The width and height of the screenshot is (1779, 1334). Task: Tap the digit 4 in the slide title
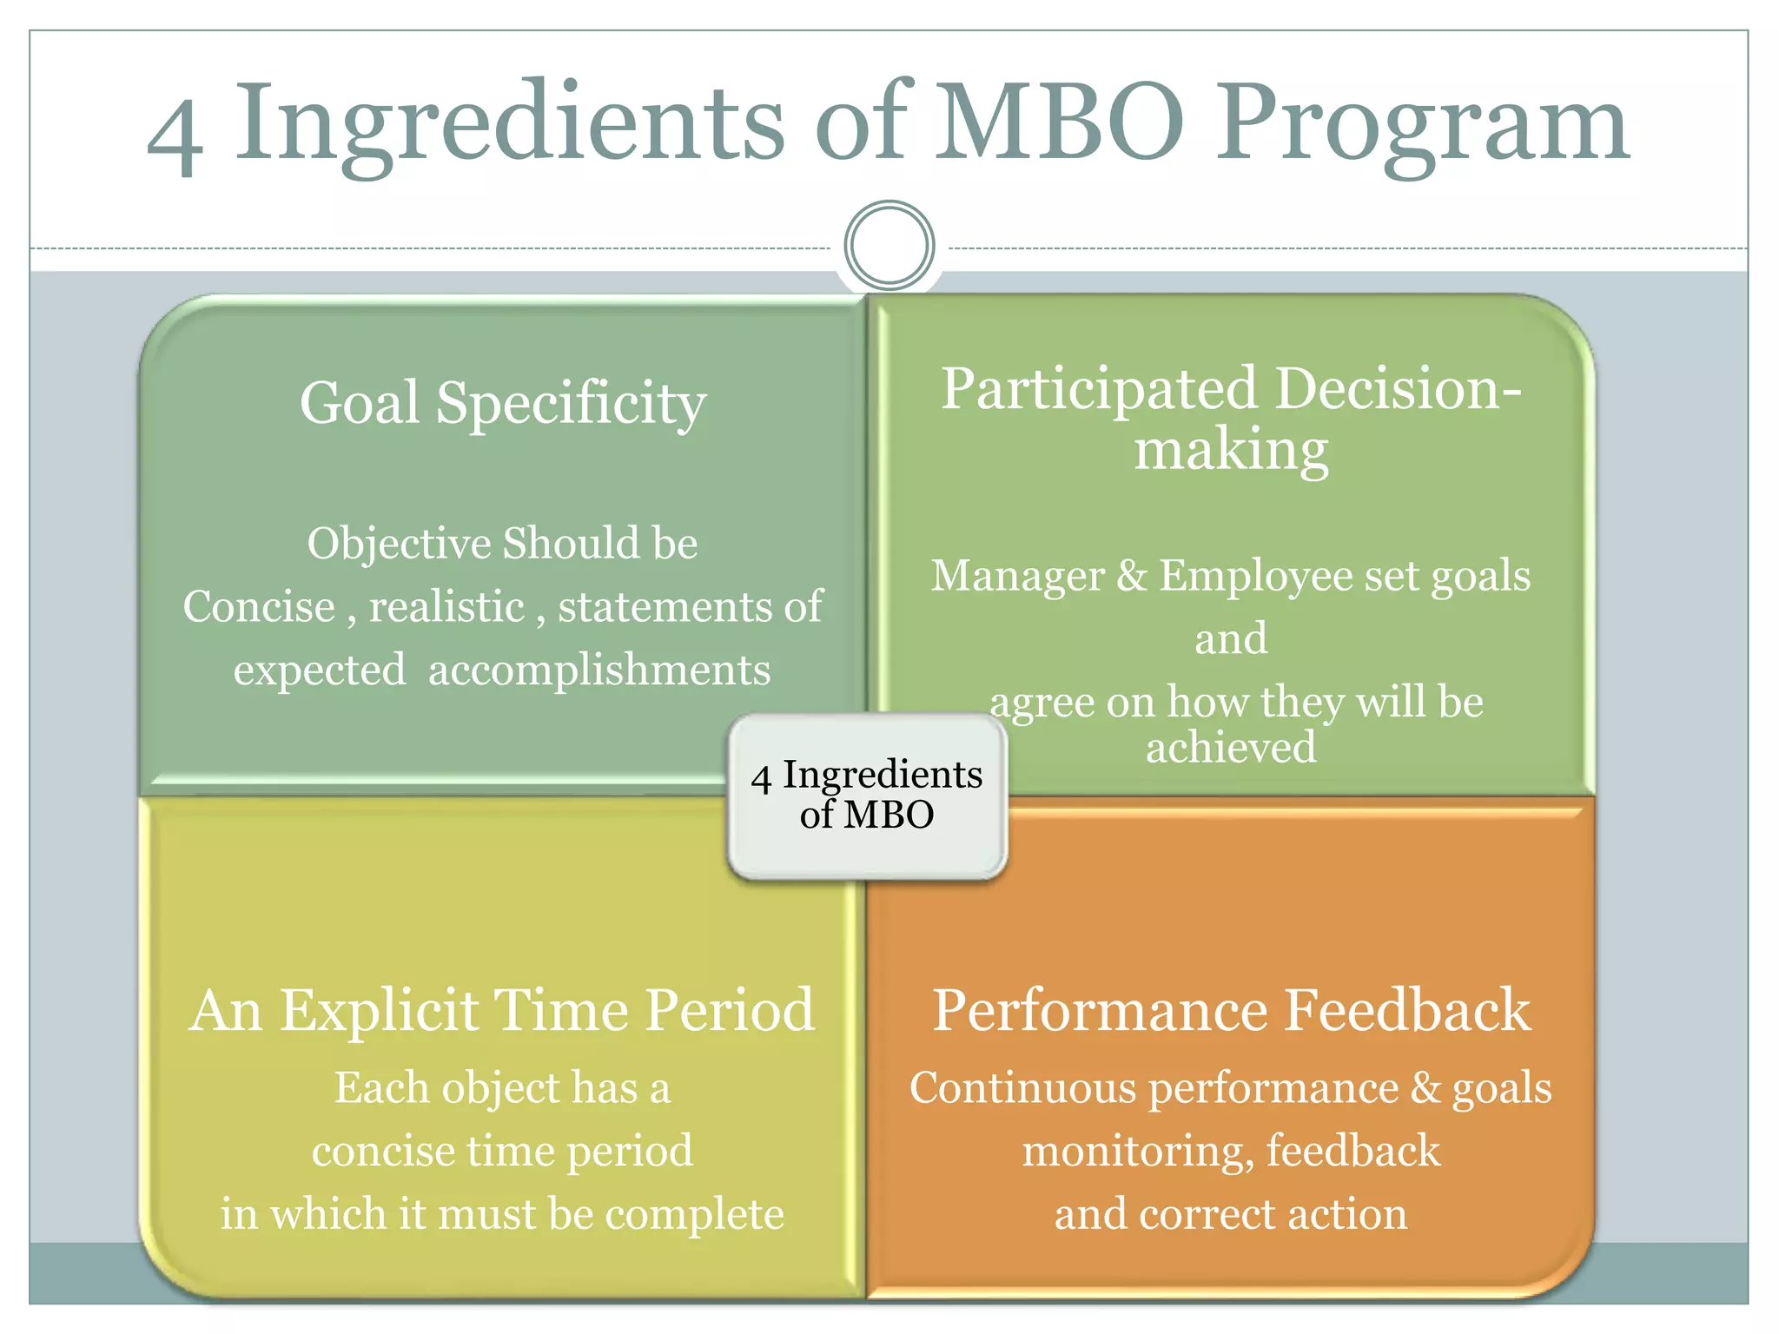[x=175, y=139]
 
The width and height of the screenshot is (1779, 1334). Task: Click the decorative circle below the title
[x=889, y=246]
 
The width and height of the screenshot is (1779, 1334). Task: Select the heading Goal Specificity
[x=503, y=404]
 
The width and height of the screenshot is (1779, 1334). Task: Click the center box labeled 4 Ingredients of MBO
[x=867, y=796]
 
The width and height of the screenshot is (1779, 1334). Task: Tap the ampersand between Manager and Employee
[x=1132, y=576]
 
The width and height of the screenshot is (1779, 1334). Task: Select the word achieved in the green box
[x=1231, y=748]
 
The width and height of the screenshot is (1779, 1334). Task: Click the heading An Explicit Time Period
[x=502, y=1010]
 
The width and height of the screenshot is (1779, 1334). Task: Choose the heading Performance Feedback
[x=1231, y=1010]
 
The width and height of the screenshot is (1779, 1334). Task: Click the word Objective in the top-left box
[x=400, y=545]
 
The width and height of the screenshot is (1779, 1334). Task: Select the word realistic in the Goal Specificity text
[x=446, y=607]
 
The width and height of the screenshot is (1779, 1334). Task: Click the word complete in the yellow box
[x=695, y=1214]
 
